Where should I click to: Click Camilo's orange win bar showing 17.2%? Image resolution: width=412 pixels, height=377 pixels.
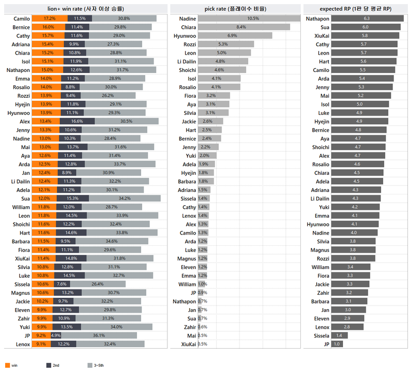pyautogui.click(x=49, y=19)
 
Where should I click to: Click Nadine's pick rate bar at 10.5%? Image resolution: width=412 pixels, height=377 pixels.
pyautogui.click(x=249, y=19)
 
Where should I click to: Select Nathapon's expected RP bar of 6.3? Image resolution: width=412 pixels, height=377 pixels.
pyautogui.click(x=367, y=19)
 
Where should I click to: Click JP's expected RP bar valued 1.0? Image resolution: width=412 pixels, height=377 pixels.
pyautogui.click(x=337, y=344)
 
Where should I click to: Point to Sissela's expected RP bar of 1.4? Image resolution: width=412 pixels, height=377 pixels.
pyautogui.click(x=339, y=335)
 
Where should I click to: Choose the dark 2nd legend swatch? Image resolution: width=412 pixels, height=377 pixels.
pyautogui.click(x=49, y=365)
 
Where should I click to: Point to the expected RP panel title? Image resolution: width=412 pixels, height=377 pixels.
pyautogui.click(x=355, y=9)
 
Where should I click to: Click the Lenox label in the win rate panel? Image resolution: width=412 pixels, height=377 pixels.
pyautogui.click(x=22, y=344)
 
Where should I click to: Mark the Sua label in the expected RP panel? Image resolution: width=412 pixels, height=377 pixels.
pyautogui.click(x=324, y=27)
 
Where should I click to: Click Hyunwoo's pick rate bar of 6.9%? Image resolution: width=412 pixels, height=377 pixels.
pyautogui.click(x=234, y=35)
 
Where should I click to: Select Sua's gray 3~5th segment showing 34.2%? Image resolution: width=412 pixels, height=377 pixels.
pyautogui.click(x=125, y=198)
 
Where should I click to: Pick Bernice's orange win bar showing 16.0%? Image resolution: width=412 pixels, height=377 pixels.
pyautogui.click(x=48, y=27)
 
